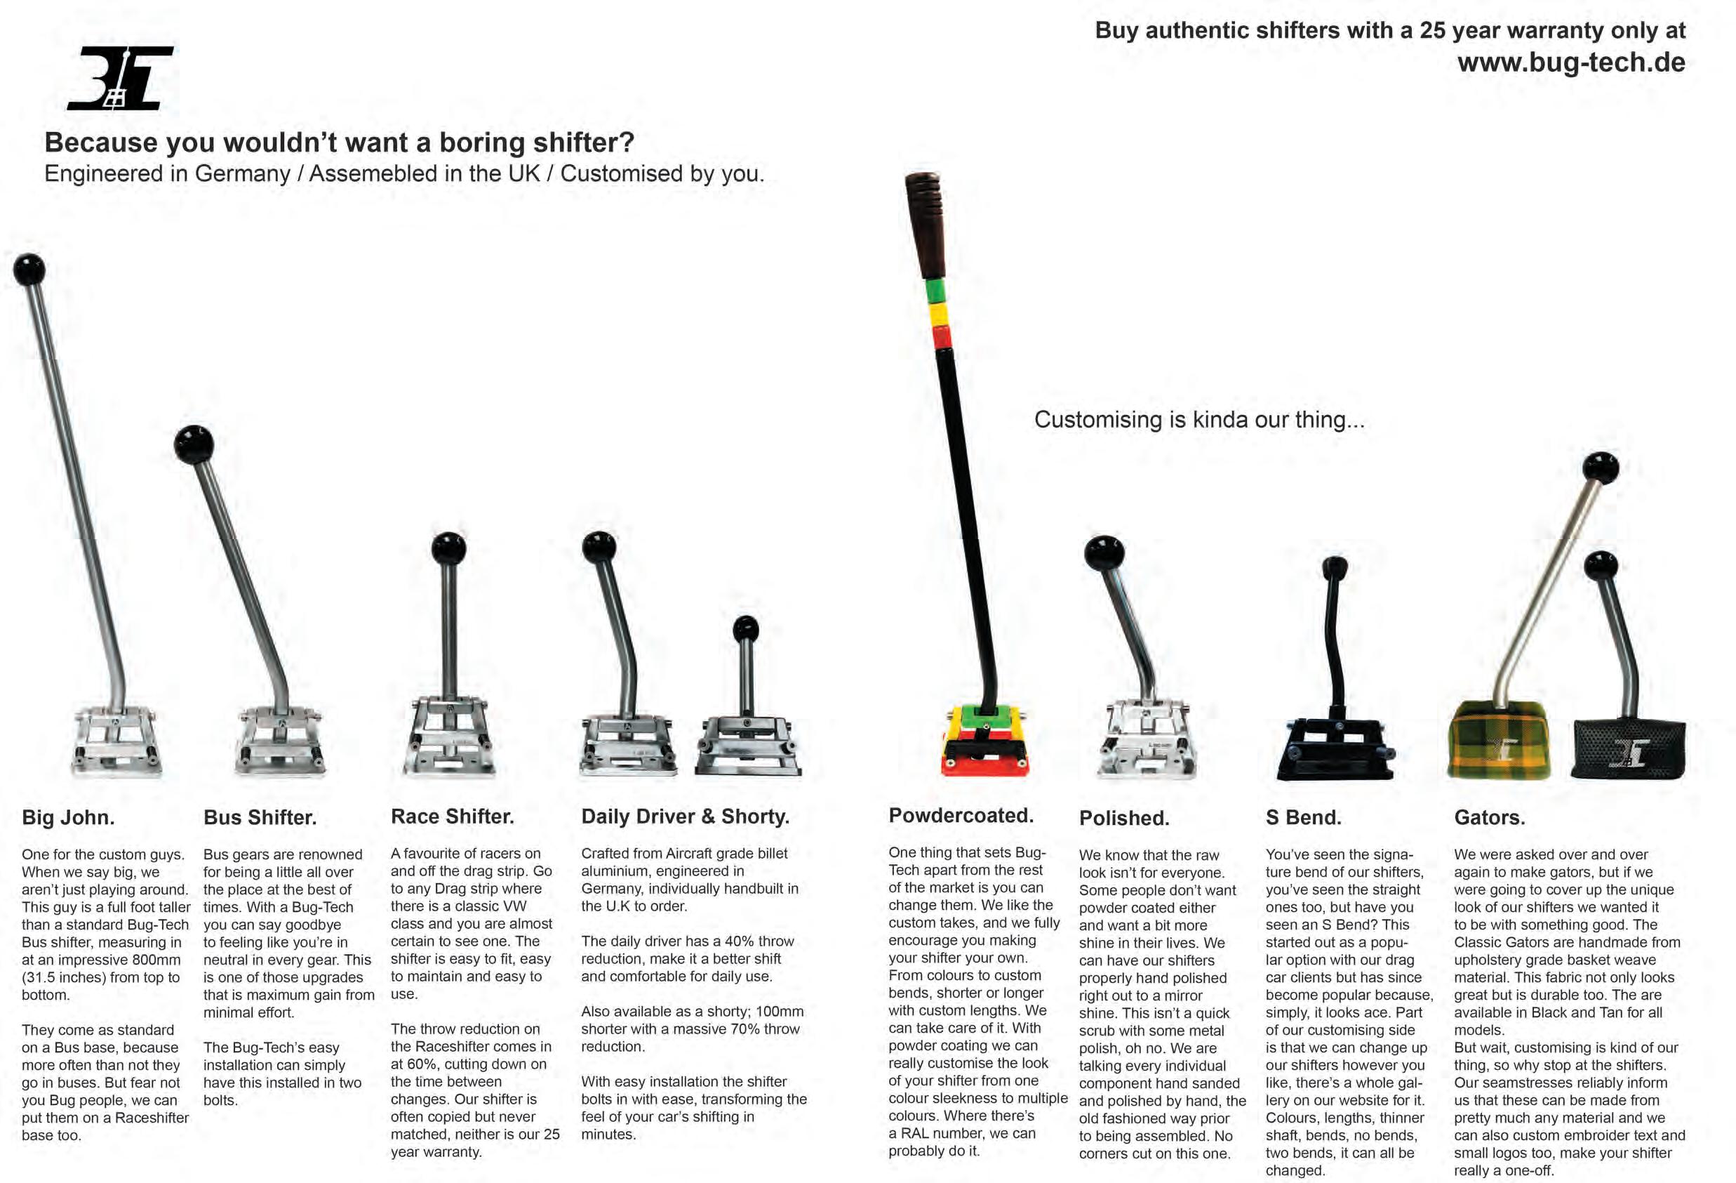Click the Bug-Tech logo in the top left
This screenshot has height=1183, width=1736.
(120, 78)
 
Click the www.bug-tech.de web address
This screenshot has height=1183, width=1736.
(1571, 62)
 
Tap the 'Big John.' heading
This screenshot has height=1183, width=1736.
(68, 817)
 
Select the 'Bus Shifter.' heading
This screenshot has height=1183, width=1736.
(260, 817)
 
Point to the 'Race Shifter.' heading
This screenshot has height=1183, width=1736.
(452, 816)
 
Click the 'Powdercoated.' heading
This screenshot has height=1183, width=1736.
(961, 815)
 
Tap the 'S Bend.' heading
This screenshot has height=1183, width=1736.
(1303, 817)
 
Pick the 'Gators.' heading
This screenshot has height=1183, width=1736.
(1489, 817)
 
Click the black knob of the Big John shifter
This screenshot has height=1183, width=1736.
(29, 270)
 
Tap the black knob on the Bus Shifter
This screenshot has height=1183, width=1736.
(194, 444)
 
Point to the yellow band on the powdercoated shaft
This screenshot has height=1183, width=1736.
(937, 313)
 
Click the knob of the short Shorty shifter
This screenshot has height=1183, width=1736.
(745, 630)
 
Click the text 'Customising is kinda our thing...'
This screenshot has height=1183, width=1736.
(1199, 419)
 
